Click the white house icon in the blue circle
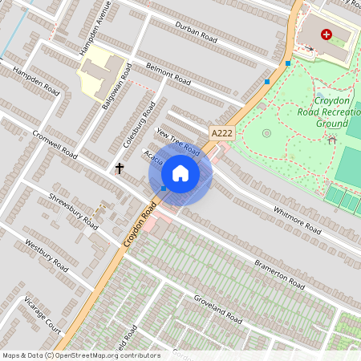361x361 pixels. [x=180, y=173]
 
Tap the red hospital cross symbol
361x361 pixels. [x=326, y=34]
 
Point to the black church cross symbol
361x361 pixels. [x=120, y=168]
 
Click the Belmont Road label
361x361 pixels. [x=168, y=75]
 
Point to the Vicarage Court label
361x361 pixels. [x=43, y=312]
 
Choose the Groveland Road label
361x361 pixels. [x=217, y=308]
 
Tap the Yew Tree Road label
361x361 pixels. [x=178, y=141]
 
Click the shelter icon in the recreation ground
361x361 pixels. [x=332, y=140]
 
